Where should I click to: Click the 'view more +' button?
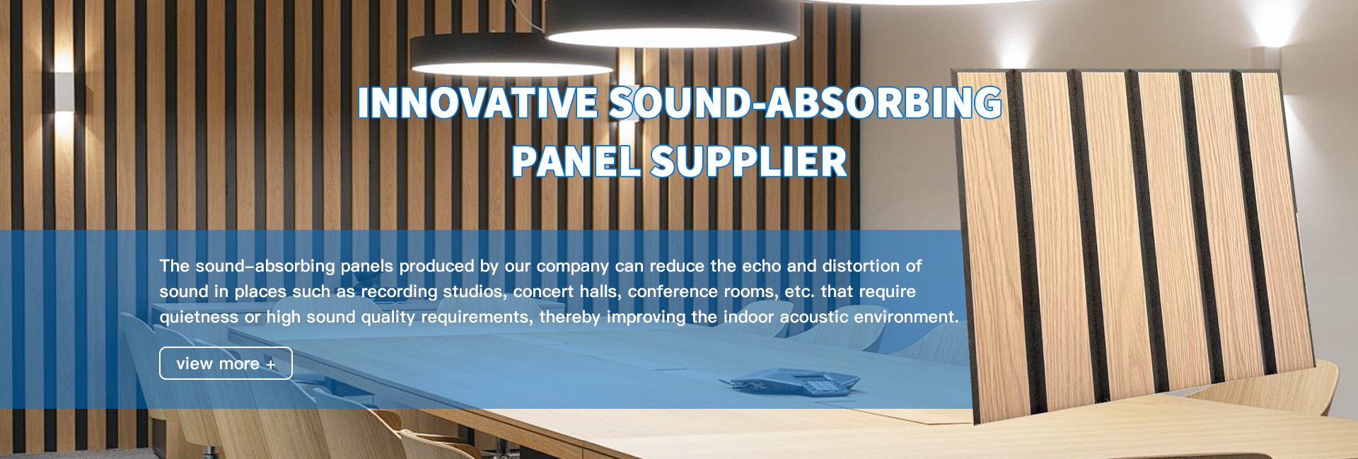[226, 364]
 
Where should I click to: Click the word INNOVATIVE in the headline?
[478, 103]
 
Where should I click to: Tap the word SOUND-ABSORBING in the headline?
[805, 103]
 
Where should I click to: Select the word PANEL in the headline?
[576, 162]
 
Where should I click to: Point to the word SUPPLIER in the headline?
[748, 162]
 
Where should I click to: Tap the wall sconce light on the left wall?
[64, 92]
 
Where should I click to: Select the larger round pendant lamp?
[672, 25]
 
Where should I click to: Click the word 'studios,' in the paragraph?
[475, 291]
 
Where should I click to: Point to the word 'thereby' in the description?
[570, 317]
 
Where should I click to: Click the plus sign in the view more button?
[270, 365]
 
